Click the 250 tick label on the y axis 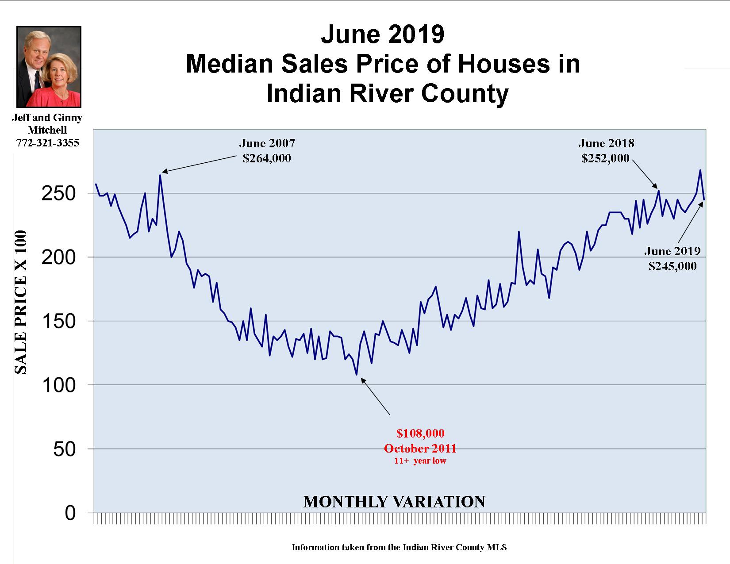pyautogui.click(x=58, y=194)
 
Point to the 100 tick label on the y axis pyautogui.click(x=58, y=385)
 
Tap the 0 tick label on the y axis pyautogui.click(x=70, y=513)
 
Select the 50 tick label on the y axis pyautogui.click(x=64, y=449)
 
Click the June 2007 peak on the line pyautogui.click(x=160, y=175)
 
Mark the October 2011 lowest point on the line pyautogui.click(x=357, y=375)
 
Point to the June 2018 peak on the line pyautogui.click(x=659, y=191)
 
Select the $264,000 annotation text pyautogui.click(x=267, y=158)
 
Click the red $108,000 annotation pyautogui.click(x=420, y=433)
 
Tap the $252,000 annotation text pyautogui.click(x=605, y=158)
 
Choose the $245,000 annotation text pyautogui.click(x=672, y=266)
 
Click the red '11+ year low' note pyautogui.click(x=420, y=461)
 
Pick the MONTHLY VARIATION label pyautogui.click(x=394, y=502)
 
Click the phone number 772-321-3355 pyautogui.click(x=47, y=143)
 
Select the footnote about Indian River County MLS pyautogui.click(x=399, y=547)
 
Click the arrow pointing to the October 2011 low pyautogui.click(x=376, y=396)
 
